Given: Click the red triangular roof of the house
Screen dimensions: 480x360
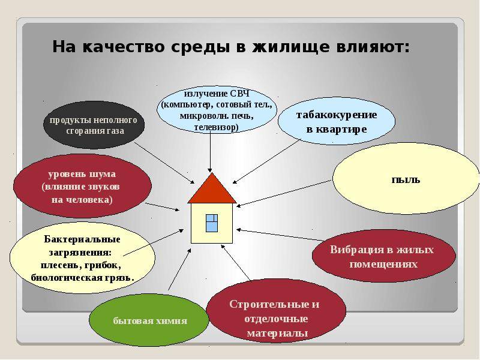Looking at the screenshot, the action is [212, 190].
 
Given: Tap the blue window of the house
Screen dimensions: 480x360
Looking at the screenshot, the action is [212, 223].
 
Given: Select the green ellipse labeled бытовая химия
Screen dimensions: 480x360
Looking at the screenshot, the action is [149, 320].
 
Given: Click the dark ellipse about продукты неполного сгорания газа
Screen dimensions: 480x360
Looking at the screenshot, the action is [94, 125].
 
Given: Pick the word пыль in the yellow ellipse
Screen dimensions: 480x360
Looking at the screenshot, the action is [406, 179].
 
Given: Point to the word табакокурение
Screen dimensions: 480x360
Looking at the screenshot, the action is [337, 115].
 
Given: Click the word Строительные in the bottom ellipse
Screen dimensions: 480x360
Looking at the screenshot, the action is [269, 304].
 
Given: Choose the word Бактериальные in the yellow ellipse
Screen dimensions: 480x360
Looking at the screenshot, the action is [82, 239].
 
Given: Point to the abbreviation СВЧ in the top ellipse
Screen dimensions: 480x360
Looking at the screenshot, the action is [240, 93].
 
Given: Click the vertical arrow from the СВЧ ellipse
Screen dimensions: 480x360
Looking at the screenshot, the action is [210, 152].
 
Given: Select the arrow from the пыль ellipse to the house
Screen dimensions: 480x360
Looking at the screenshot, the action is [284, 193].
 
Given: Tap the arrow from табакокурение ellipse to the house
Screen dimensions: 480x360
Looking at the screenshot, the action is [266, 161].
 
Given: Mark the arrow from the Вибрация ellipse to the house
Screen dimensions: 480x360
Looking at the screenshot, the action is [280, 235].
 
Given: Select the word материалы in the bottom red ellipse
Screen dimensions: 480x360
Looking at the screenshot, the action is [277, 333].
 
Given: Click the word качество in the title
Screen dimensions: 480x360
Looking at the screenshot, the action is [124, 47].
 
